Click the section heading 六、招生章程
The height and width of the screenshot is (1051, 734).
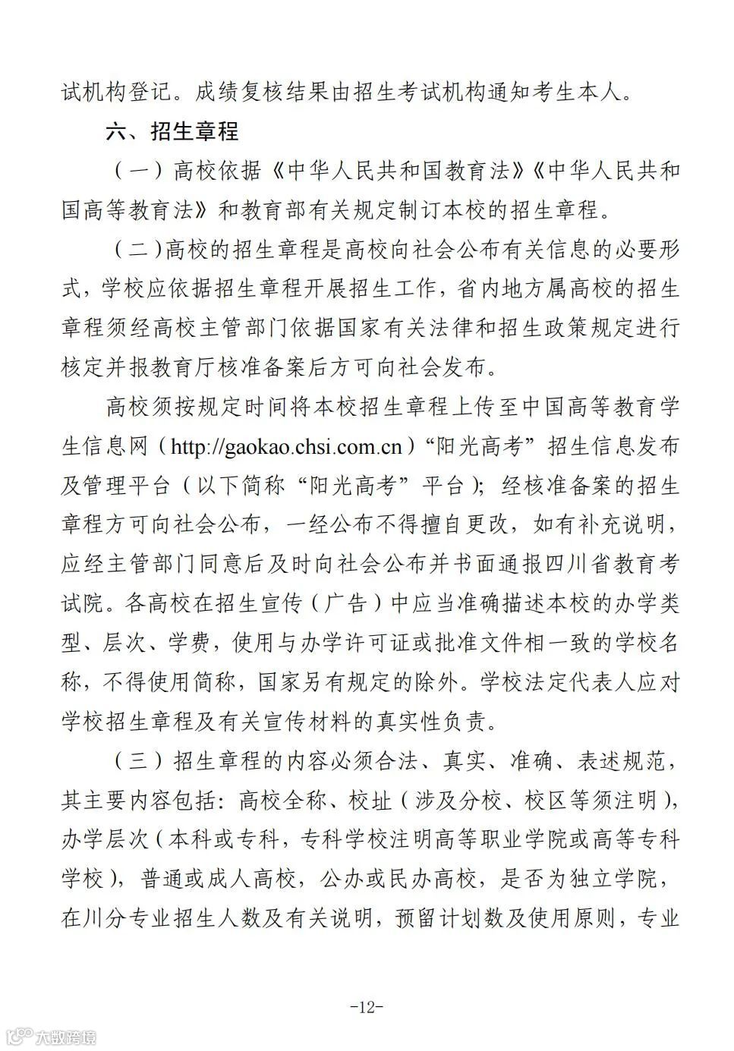[172, 131]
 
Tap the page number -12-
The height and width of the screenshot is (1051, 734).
[367, 1007]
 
